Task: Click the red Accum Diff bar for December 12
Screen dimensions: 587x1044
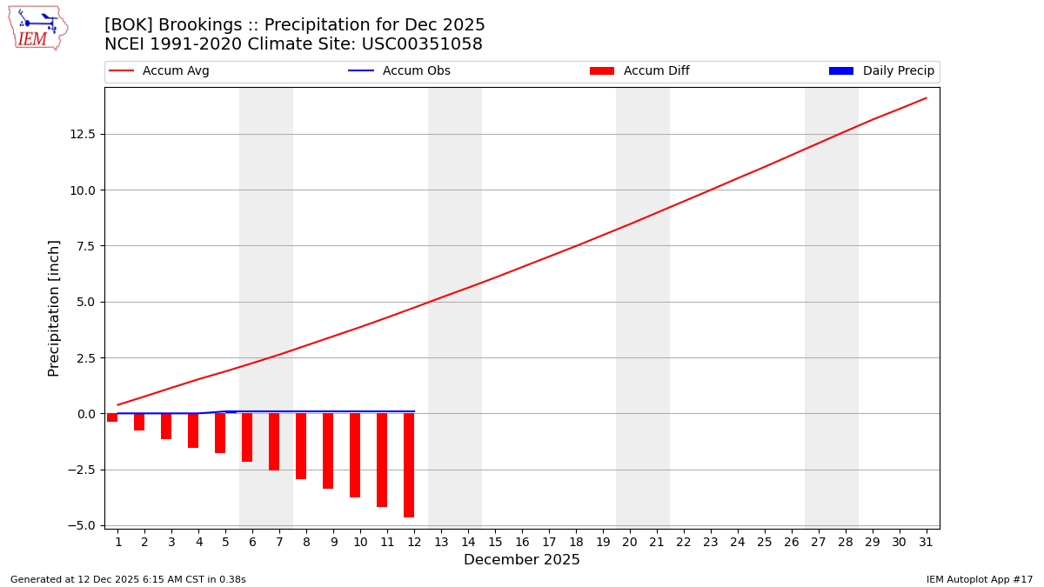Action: pos(409,464)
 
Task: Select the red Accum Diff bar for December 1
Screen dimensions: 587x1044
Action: pos(112,417)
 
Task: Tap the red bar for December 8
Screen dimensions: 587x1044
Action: pos(301,445)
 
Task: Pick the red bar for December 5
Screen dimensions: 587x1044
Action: pos(220,432)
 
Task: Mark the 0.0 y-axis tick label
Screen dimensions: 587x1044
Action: pos(84,414)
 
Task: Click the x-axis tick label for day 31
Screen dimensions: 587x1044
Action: pos(926,543)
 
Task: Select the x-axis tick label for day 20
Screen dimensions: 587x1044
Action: pos(630,543)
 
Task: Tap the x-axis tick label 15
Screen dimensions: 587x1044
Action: pos(495,543)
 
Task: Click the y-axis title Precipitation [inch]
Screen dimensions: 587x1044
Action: pos(54,308)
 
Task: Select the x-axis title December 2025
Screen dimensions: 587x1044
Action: pos(522,560)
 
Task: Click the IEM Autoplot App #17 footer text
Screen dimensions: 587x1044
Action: pos(980,579)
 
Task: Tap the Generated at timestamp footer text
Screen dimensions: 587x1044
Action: pos(128,579)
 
